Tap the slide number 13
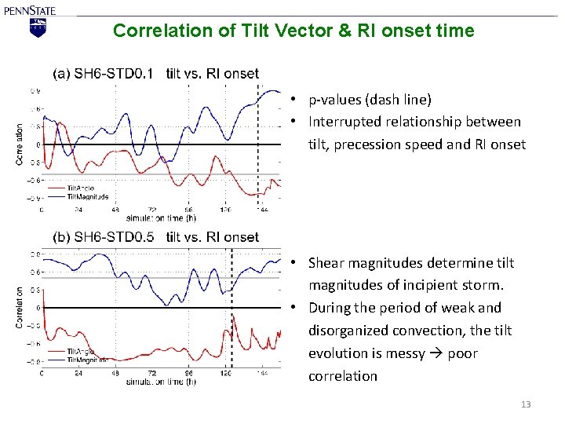tap(526, 404)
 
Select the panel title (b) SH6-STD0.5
tap(104, 237)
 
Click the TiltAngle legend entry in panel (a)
tap(79, 188)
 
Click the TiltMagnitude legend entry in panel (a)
tap(86, 197)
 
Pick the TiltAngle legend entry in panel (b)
tap(79, 351)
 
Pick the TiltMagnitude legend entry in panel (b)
tap(86, 359)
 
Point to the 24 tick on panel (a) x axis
tap(78, 210)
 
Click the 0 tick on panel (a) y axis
tap(38, 144)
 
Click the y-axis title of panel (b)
tap(20, 307)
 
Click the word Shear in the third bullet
tap(326, 263)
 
